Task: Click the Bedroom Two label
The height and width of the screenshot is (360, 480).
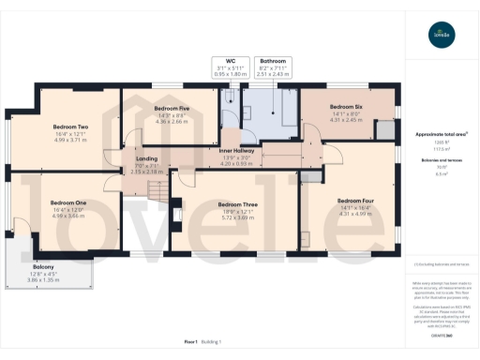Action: [x=70, y=127]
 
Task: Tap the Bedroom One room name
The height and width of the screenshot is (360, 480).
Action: [x=68, y=202]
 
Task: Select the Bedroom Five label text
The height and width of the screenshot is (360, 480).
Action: [x=172, y=108]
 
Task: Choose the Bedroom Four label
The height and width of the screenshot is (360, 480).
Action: [x=355, y=201]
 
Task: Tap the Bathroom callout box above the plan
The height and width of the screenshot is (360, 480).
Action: [x=274, y=67]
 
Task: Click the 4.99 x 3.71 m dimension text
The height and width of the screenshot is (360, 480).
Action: [x=70, y=139]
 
